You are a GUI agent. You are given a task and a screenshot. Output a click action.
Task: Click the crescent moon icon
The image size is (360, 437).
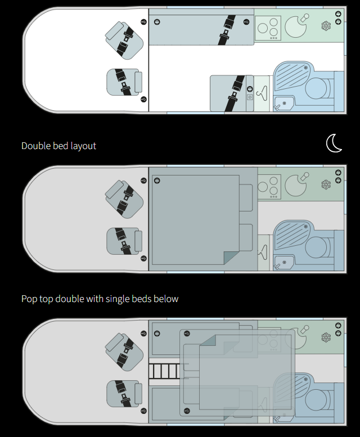point(335,143)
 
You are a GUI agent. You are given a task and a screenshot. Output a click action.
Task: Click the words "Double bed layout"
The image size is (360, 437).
point(58,146)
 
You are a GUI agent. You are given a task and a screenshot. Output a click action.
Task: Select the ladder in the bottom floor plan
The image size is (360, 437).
point(165,372)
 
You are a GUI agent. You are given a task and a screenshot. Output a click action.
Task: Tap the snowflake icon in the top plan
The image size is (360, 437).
point(326,26)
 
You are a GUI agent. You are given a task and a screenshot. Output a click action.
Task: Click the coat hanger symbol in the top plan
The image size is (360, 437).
point(262,93)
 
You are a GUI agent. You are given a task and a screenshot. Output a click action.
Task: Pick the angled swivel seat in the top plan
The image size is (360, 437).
point(125,40)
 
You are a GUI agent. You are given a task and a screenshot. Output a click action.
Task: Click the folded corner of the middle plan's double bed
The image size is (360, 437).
point(231,258)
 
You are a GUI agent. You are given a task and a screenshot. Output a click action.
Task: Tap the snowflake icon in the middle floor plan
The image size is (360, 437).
point(326,184)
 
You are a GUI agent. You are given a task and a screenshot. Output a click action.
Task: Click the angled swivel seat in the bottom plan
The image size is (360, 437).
point(125,351)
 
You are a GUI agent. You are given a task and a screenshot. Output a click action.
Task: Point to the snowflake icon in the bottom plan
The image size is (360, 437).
point(326,337)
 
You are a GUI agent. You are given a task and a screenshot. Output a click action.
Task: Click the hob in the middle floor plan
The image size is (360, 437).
point(269,185)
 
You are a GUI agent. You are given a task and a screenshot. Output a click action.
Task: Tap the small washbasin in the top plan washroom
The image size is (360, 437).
point(282,103)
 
